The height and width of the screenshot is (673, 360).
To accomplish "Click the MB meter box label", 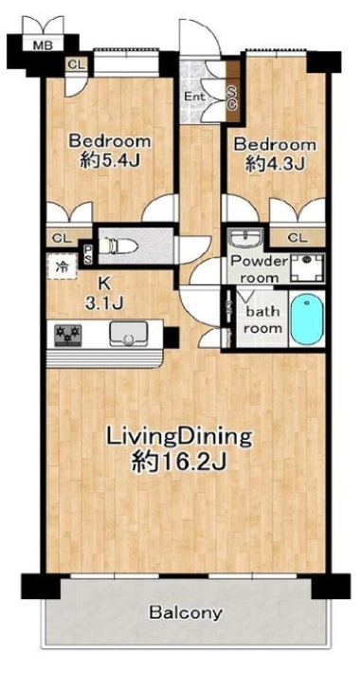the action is [x=43, y=45].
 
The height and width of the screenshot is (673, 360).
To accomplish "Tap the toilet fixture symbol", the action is [x=117, y=246].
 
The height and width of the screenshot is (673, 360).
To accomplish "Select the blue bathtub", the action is [x=306, y=319].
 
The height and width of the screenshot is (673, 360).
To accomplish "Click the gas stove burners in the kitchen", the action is [x=68, y=335].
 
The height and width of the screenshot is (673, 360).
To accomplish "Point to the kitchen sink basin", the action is [x=128, y=334].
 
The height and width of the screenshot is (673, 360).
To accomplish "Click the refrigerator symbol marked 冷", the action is [x=62, y=266].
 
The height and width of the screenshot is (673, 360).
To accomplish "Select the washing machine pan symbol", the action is [x=307, y=268].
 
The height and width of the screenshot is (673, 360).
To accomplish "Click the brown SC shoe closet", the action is [x=232, y=91].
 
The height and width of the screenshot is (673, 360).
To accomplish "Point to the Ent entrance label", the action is [x=195, y=97].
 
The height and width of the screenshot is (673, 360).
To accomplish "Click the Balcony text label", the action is [x=186, y=612].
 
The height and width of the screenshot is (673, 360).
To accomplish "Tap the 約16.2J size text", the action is [x=179, y=463].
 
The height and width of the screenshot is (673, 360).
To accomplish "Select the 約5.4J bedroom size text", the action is [x=111, y=161].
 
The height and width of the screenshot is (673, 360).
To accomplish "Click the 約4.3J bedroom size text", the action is [x=275, y=164].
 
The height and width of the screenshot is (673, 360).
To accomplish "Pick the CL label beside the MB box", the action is [x=78, y=65].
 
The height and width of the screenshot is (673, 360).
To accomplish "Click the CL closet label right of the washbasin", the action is [x=297, y=238].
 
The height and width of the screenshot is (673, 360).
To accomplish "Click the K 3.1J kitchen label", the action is [x=103, y=294].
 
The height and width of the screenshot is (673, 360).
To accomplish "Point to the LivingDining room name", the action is [x=179, y=438].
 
